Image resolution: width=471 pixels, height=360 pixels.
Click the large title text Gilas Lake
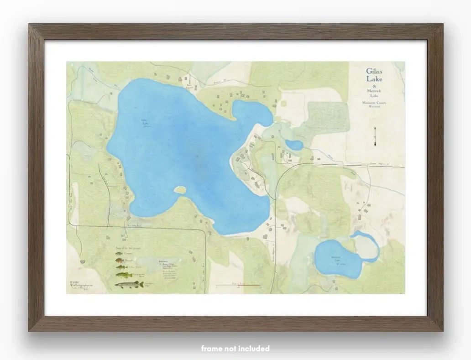(x=374, y=75)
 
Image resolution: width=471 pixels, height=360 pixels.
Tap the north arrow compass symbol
(x=375, y=135)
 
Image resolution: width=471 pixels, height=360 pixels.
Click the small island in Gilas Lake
(x=180, y=189)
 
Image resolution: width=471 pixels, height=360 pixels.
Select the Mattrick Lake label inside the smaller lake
(x=337, y=261)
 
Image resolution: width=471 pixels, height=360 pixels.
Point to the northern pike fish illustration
(x=128, y=284)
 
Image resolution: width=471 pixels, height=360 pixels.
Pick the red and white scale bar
(x=238, y=285)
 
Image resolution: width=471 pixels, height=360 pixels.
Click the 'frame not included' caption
(x=235, y=349)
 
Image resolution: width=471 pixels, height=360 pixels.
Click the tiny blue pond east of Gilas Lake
(x=294, y=145)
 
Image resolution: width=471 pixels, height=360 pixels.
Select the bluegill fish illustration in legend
(x=119, y=261)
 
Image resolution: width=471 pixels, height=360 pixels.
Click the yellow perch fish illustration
(x=121, y=267)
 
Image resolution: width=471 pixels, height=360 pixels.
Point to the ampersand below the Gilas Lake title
(x=374, y=87)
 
